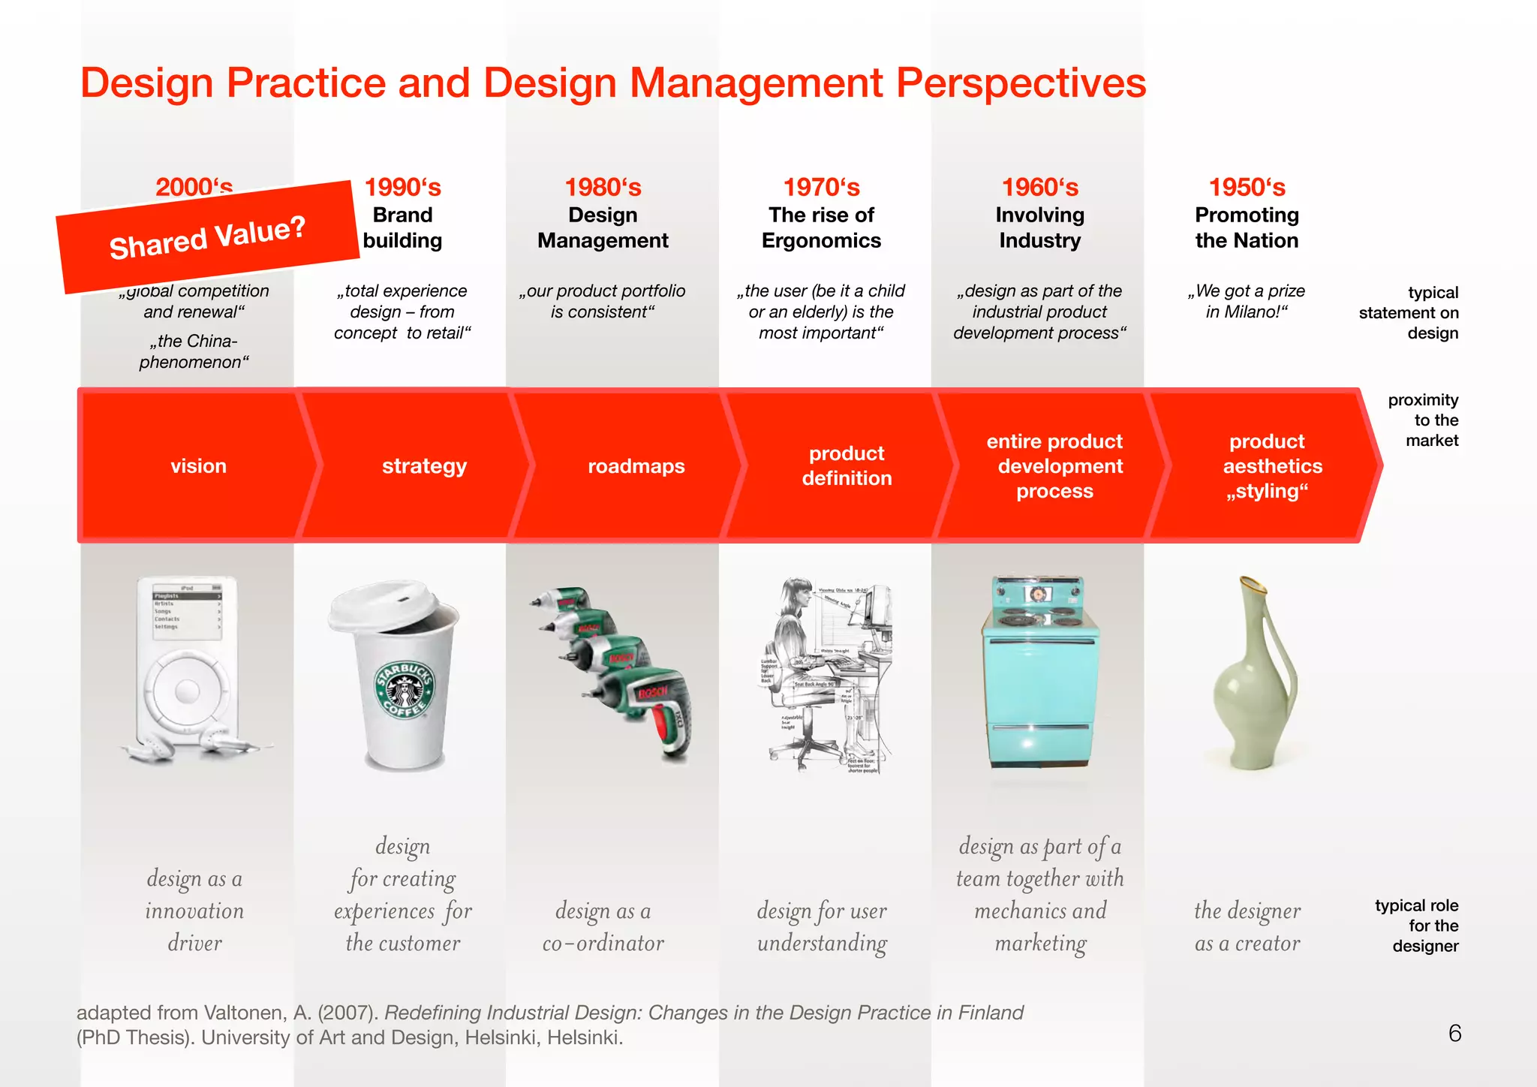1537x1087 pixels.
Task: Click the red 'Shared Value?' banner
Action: coord(207,236)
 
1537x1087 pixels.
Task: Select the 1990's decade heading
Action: coord(402,187)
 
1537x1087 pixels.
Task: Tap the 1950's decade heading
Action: coord(1247,187)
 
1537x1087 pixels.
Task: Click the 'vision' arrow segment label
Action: coord(198,466)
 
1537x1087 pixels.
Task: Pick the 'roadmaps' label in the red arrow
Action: coord(636,466)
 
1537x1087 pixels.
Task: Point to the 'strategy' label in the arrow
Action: coord(424,466)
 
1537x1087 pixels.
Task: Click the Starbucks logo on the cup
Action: coord(405,690)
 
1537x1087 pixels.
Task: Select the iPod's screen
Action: coord(187,611)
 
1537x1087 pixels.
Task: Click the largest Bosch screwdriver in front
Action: coord(651,709)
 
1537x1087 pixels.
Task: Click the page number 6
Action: coord(1454,1034)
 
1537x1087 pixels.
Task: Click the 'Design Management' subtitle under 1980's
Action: coord(603,227)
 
